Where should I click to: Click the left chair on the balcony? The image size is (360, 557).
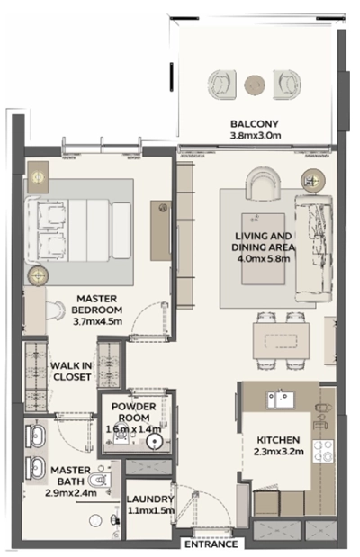click(x=220, y=84)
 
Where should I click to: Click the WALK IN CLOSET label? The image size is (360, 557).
click(x=71, y=371)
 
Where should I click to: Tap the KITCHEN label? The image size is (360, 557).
click(x=274, y=439)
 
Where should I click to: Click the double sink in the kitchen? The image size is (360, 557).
click(x=278, y=398)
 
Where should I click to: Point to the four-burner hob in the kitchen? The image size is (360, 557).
click(x=321, y=450)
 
